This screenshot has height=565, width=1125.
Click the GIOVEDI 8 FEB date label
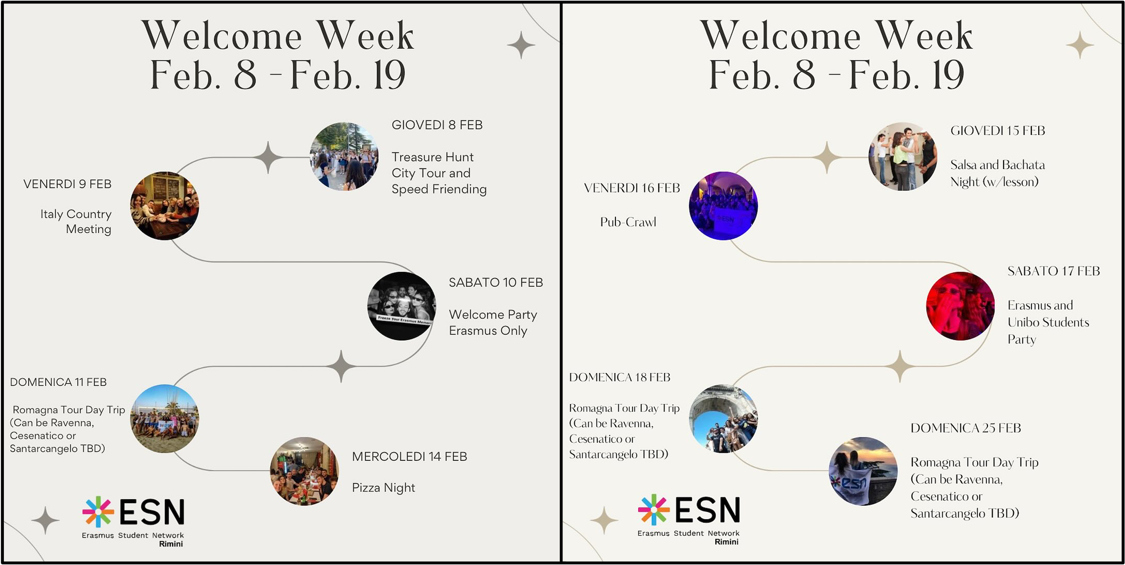pyautogui.click(x=437, y=125)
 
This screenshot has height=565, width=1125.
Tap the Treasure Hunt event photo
pyautogui.click(x=344, y=156)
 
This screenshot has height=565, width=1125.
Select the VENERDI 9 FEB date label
pyautogui.click(x=67, y=184)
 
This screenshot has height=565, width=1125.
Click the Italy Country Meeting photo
pyautogui.click(x=165, y=206)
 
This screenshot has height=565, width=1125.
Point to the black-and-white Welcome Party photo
pyautogui.click(x=402, y=306)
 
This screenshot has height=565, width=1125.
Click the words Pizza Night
pyautogui.click(x=383, y=488)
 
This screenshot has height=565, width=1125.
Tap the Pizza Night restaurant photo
pyautogui.click(x=305, y=471)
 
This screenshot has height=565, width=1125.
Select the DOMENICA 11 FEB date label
pyautogui.click(x=58, y=382)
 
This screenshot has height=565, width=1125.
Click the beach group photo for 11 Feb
pyautogui.click(x=165, y=418)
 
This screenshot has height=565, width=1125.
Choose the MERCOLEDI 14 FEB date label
pyautogui.click(x=410, y=457)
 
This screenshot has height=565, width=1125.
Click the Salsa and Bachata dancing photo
pyautogui.click(x=903, y=156)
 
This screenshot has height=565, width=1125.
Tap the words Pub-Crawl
pyautogui.click(x=628, y=222)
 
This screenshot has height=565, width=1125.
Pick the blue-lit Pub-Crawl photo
pyautogui.click(x=724, y=206)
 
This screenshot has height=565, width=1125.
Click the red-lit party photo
pyautogui.click(x=961, y=306)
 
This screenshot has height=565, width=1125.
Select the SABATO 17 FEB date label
pyautogui.click(x=1054, y=271)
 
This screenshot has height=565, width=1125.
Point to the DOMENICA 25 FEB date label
pyautogui.click(x=966, y=428)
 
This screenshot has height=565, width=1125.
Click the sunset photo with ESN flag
pyautogui.click(x=864, y=471)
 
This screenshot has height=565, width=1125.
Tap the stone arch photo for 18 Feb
pyautogui.click(x=724, y=418)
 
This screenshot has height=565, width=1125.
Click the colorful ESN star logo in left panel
pyautogui.click(x=98, y=512)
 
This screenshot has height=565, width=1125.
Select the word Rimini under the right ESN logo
pyautogui.click(x=727, y=542)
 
